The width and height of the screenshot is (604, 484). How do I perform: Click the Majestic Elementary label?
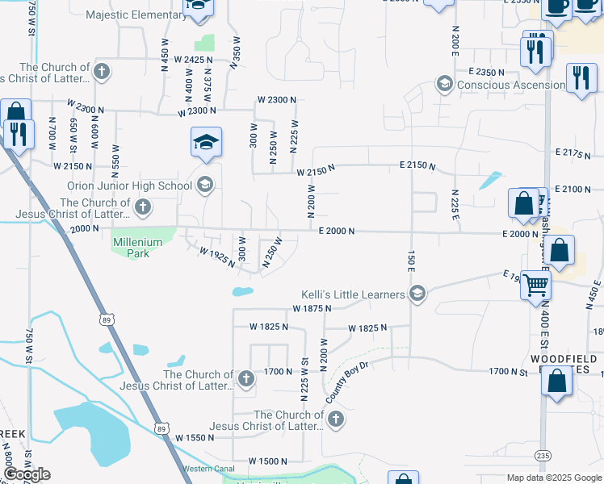[x=135, y=15]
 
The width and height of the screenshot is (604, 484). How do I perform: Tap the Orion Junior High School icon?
[x=204, y=186]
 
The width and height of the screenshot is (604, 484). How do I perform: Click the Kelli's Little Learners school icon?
[x=417, y=294]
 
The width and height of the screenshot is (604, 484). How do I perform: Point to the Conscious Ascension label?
[x=511, y=85]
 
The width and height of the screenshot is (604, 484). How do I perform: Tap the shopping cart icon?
[x=535, y=285]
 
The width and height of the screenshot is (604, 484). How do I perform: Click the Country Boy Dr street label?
[x=347, y=383]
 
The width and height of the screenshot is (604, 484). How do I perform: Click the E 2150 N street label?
[x=417, y=166]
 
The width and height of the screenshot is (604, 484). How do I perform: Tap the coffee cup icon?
[x=556, y=6]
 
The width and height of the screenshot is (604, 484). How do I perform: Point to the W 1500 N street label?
[x=267, y=461]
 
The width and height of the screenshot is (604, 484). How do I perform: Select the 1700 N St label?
[x=507, y=372]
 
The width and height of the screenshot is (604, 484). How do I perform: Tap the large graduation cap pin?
[x=206, y=143]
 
